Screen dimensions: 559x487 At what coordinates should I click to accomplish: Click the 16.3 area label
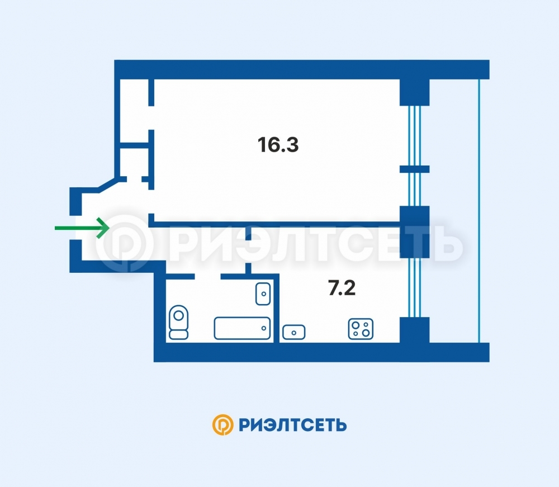[x=278, y=145]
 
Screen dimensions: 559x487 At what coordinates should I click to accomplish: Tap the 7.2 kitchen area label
[x=342, y=288]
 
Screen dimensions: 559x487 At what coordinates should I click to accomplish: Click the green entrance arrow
[x=82, y=228]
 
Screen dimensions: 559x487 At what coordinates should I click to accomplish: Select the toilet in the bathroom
[x=179, y=322]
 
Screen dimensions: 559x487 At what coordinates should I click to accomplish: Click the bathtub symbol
[x=242, y=328]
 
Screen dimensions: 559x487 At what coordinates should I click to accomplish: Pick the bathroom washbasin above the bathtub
[x=263, y=294]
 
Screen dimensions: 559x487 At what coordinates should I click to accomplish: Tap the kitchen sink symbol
[x=294, y=332]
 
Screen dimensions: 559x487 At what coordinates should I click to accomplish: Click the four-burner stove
[x=361, y=329]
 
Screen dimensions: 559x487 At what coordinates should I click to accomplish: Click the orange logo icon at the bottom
[x=223, y=424]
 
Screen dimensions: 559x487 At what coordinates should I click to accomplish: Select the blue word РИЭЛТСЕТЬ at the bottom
[x=293, y=425]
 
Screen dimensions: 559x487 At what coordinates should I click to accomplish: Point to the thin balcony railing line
[x=479, y=211]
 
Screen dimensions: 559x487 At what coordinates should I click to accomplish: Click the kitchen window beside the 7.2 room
[x=415, y=287]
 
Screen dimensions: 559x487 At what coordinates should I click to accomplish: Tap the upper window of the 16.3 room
[x=415, y=135]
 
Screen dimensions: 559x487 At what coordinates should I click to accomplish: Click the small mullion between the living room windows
[x=415, y=169]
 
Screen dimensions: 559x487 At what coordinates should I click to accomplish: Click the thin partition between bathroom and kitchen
[x=276, y=309]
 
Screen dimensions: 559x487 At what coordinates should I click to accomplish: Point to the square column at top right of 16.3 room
[x=415, y=92]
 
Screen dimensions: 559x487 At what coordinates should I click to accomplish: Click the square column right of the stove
[x=415, y=330]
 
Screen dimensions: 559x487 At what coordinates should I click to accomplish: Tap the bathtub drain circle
[x=264, y=328]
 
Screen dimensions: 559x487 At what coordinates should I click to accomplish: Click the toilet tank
[x=179, y=334]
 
